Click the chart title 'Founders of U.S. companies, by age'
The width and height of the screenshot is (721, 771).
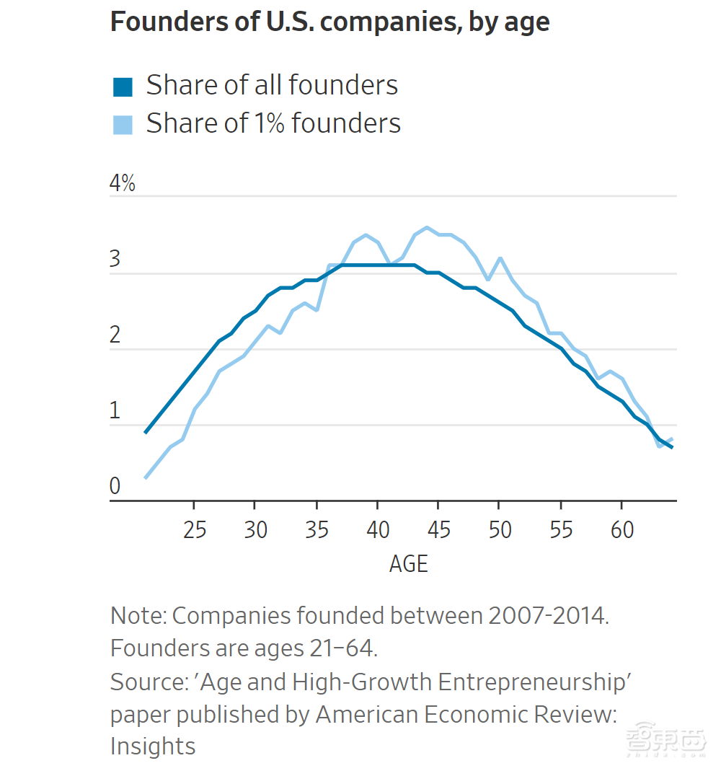pos(329,22)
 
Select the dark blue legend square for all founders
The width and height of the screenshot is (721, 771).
pos(123,87)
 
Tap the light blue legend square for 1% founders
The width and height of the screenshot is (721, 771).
pos(123,125)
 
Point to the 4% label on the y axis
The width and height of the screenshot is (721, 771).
pos(122,184)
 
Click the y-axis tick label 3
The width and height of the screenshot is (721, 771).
pos(115,260)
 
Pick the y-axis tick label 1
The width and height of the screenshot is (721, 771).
pos(115,411)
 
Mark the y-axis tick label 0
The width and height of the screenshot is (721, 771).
pos(115,487)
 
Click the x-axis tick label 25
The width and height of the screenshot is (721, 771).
pos(194,530)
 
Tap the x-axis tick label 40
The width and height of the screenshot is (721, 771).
pos(378,530)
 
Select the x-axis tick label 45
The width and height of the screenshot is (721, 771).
pos(439,530)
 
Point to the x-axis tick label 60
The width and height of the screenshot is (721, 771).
pos(622,530)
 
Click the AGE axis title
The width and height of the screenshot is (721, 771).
pos(409,563)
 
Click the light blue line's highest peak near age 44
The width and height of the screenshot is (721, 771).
pos(427,228)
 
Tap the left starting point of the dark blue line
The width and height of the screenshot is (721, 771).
pos(146,433)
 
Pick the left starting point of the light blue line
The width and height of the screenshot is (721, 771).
pos(146,477)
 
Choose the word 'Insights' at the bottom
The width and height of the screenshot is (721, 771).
pos(153,746)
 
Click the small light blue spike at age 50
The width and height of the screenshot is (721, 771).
pos(500,257)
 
